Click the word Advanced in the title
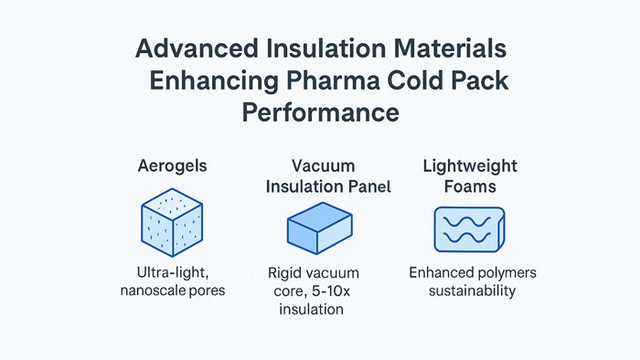[197, 48]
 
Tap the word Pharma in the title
[333, 80]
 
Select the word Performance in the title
[320, 113]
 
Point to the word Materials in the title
[450, 48]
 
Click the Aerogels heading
[172, 166]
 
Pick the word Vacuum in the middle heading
[324, 166]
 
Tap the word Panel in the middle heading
[369, 186]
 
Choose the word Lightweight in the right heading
[470, 166]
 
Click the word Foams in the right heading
[470, 186]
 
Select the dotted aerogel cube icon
[172, 222]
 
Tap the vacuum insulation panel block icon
[320, 228]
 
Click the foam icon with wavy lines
[469, 229]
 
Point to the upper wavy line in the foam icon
[467, 222]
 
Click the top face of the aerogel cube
[172, 205]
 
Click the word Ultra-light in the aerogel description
[173, 273]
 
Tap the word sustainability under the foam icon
[473, 291]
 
